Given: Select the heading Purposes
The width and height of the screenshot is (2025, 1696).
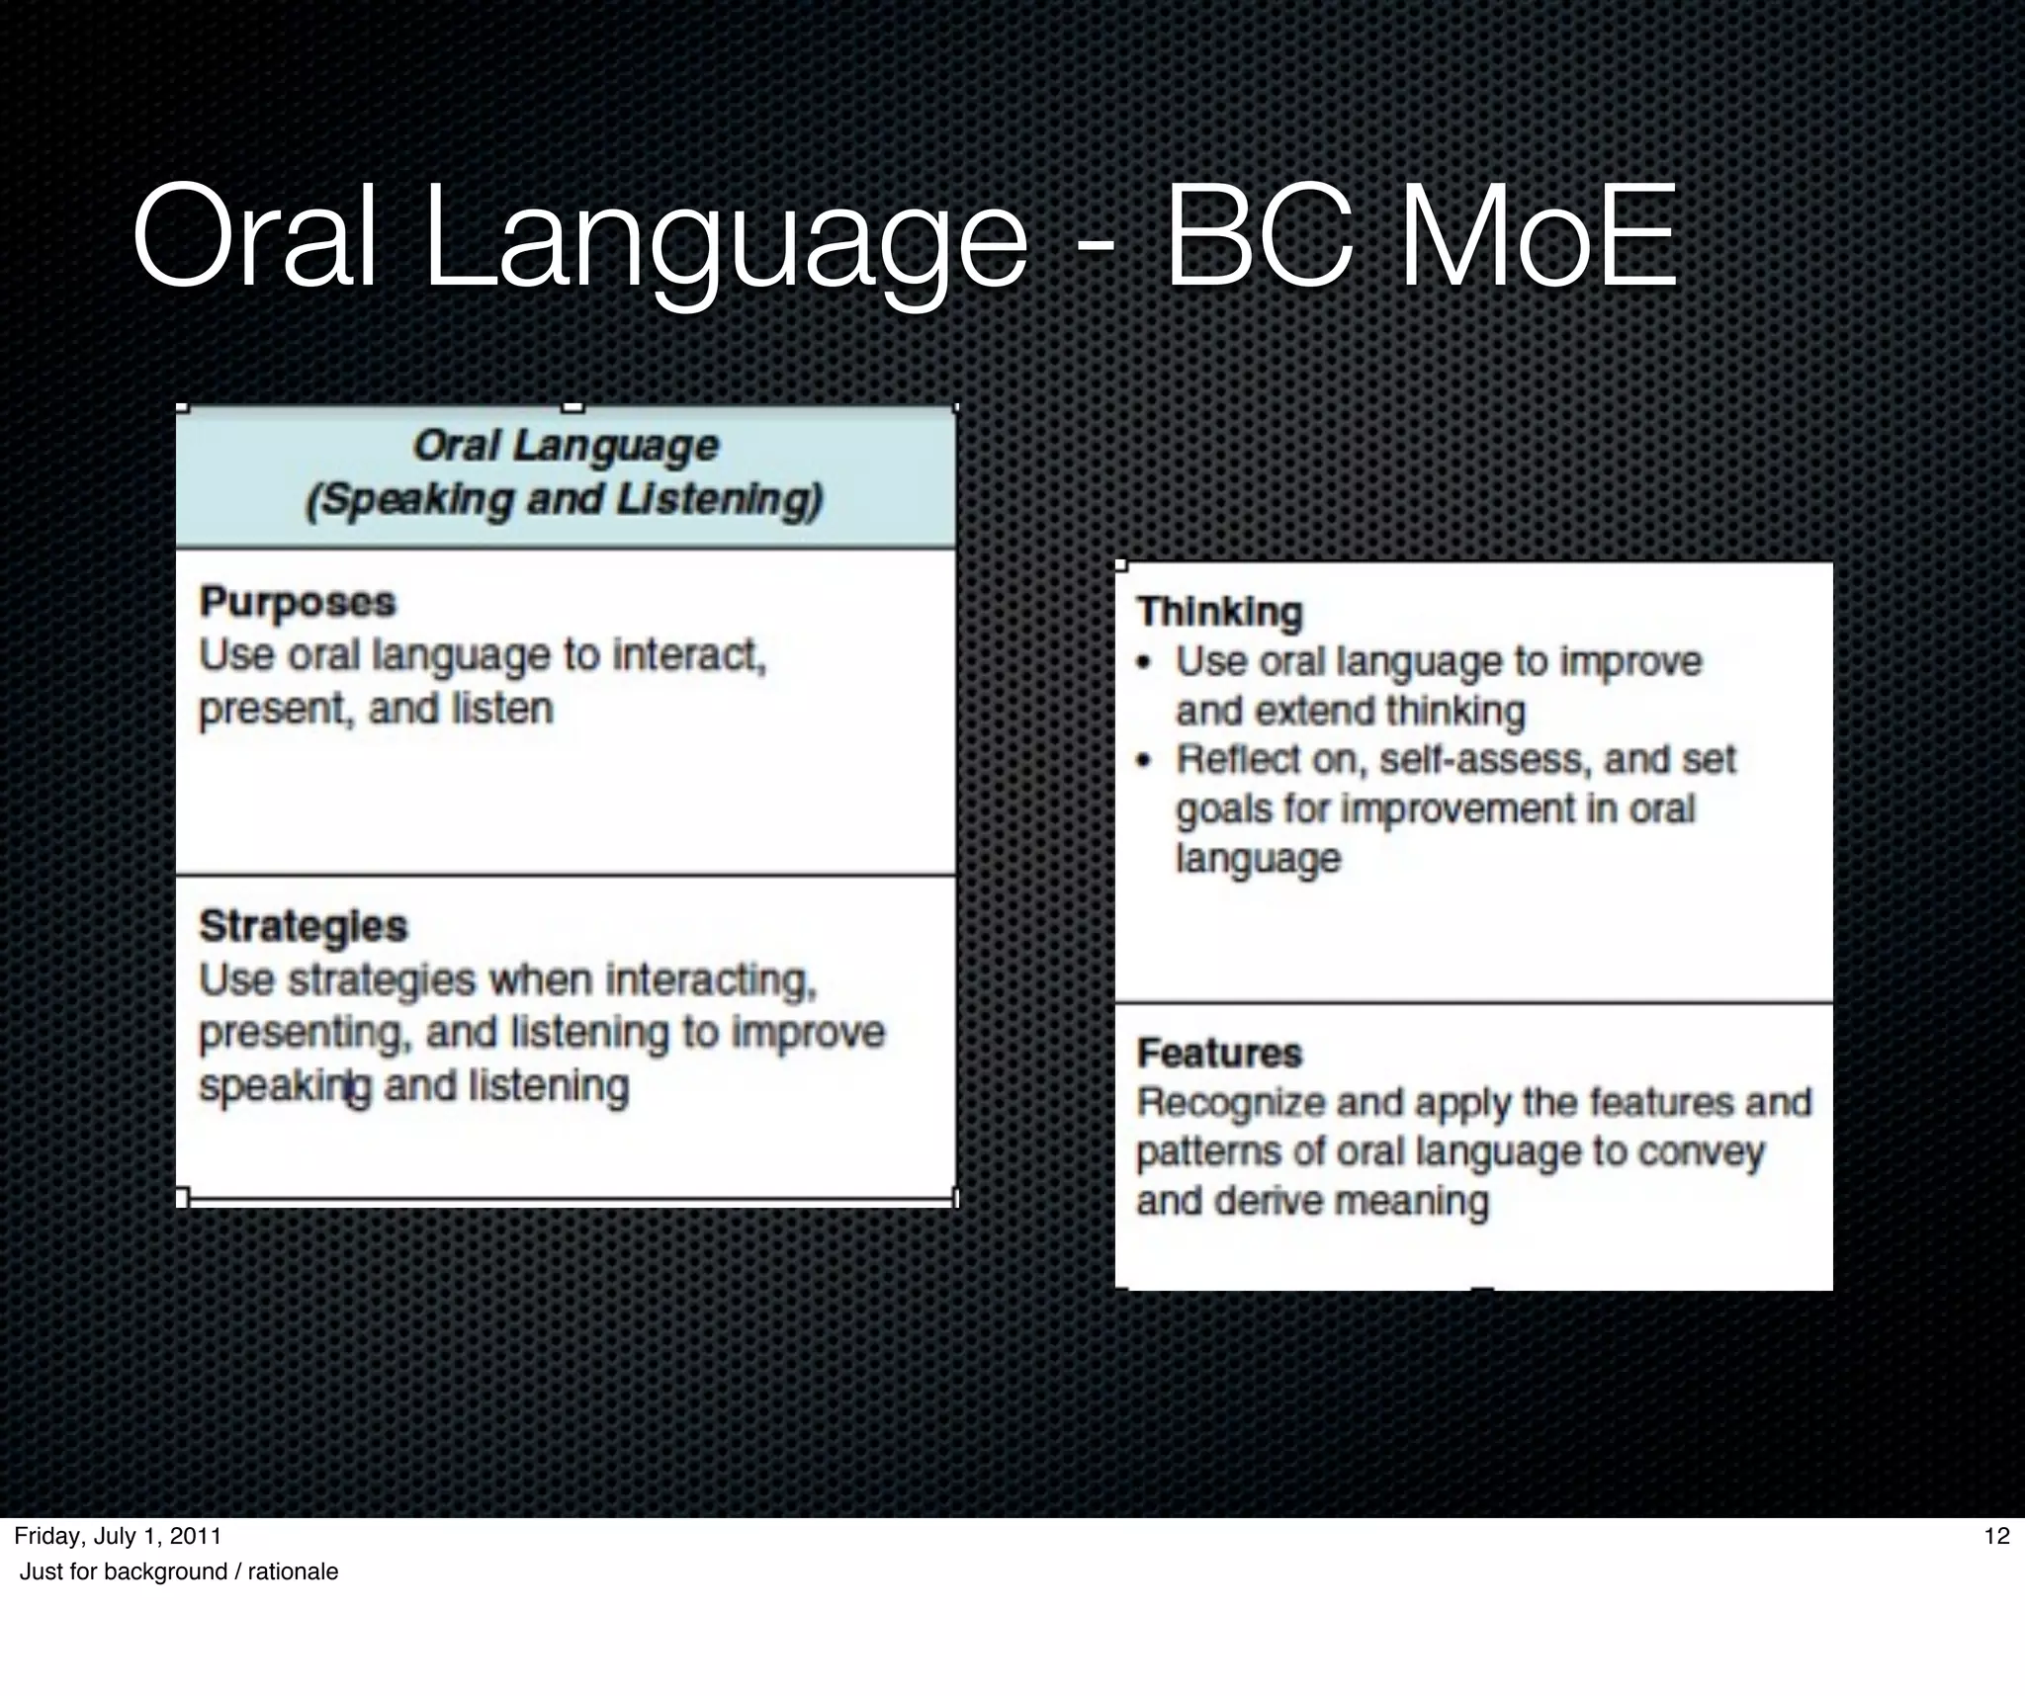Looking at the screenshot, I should click(298, 602).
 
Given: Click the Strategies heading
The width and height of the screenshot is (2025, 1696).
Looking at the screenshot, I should click(303, 926).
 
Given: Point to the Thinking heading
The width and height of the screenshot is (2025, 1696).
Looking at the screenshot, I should click(1219, 612).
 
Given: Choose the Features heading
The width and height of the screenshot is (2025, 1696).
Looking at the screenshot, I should click(1219, 1053).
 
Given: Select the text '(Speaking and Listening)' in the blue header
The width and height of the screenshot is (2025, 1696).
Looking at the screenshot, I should click(565, 499).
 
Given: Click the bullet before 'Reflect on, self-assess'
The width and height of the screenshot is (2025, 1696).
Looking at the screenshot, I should click(1145, 761).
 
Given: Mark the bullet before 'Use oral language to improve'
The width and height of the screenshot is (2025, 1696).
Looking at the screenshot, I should click(1145, 663).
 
